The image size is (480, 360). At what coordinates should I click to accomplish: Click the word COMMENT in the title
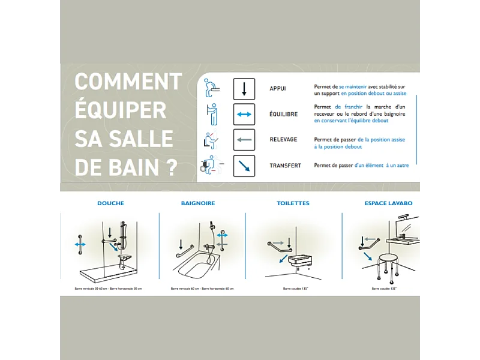[x=128, y=82]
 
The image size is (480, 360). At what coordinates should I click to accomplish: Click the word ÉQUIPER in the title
[x=120, y=110]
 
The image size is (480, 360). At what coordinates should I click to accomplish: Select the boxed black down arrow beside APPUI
[x=244, y=89]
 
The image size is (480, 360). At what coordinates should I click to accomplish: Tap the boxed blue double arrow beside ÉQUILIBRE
[x=244, y=114]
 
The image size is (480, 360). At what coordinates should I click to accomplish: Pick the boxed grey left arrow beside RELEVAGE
[x=244, y=140]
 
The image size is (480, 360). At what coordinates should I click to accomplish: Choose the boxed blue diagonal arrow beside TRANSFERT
[x=244, y=166]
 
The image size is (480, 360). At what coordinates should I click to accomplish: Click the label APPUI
[x=278, y=89]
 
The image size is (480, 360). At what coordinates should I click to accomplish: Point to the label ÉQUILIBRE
[x=283, y=114]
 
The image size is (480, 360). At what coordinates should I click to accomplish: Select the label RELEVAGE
[x=283, y=140]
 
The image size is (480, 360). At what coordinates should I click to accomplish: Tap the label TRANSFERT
[x=284, y=166]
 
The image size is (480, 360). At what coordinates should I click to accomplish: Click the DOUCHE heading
[x=110, y=203]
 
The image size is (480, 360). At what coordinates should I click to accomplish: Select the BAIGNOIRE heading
[x=198, y=203]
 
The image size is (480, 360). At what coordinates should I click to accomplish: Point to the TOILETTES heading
[x=293, y=203]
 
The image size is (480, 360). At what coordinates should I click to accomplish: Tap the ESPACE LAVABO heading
[x=388, y=203]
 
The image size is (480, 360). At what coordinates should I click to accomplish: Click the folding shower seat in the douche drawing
[x=125, y=257]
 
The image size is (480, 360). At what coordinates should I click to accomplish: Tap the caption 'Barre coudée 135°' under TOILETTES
[x=293, y=289]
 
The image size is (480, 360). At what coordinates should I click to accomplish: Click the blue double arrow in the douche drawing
[x=79, y=244]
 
